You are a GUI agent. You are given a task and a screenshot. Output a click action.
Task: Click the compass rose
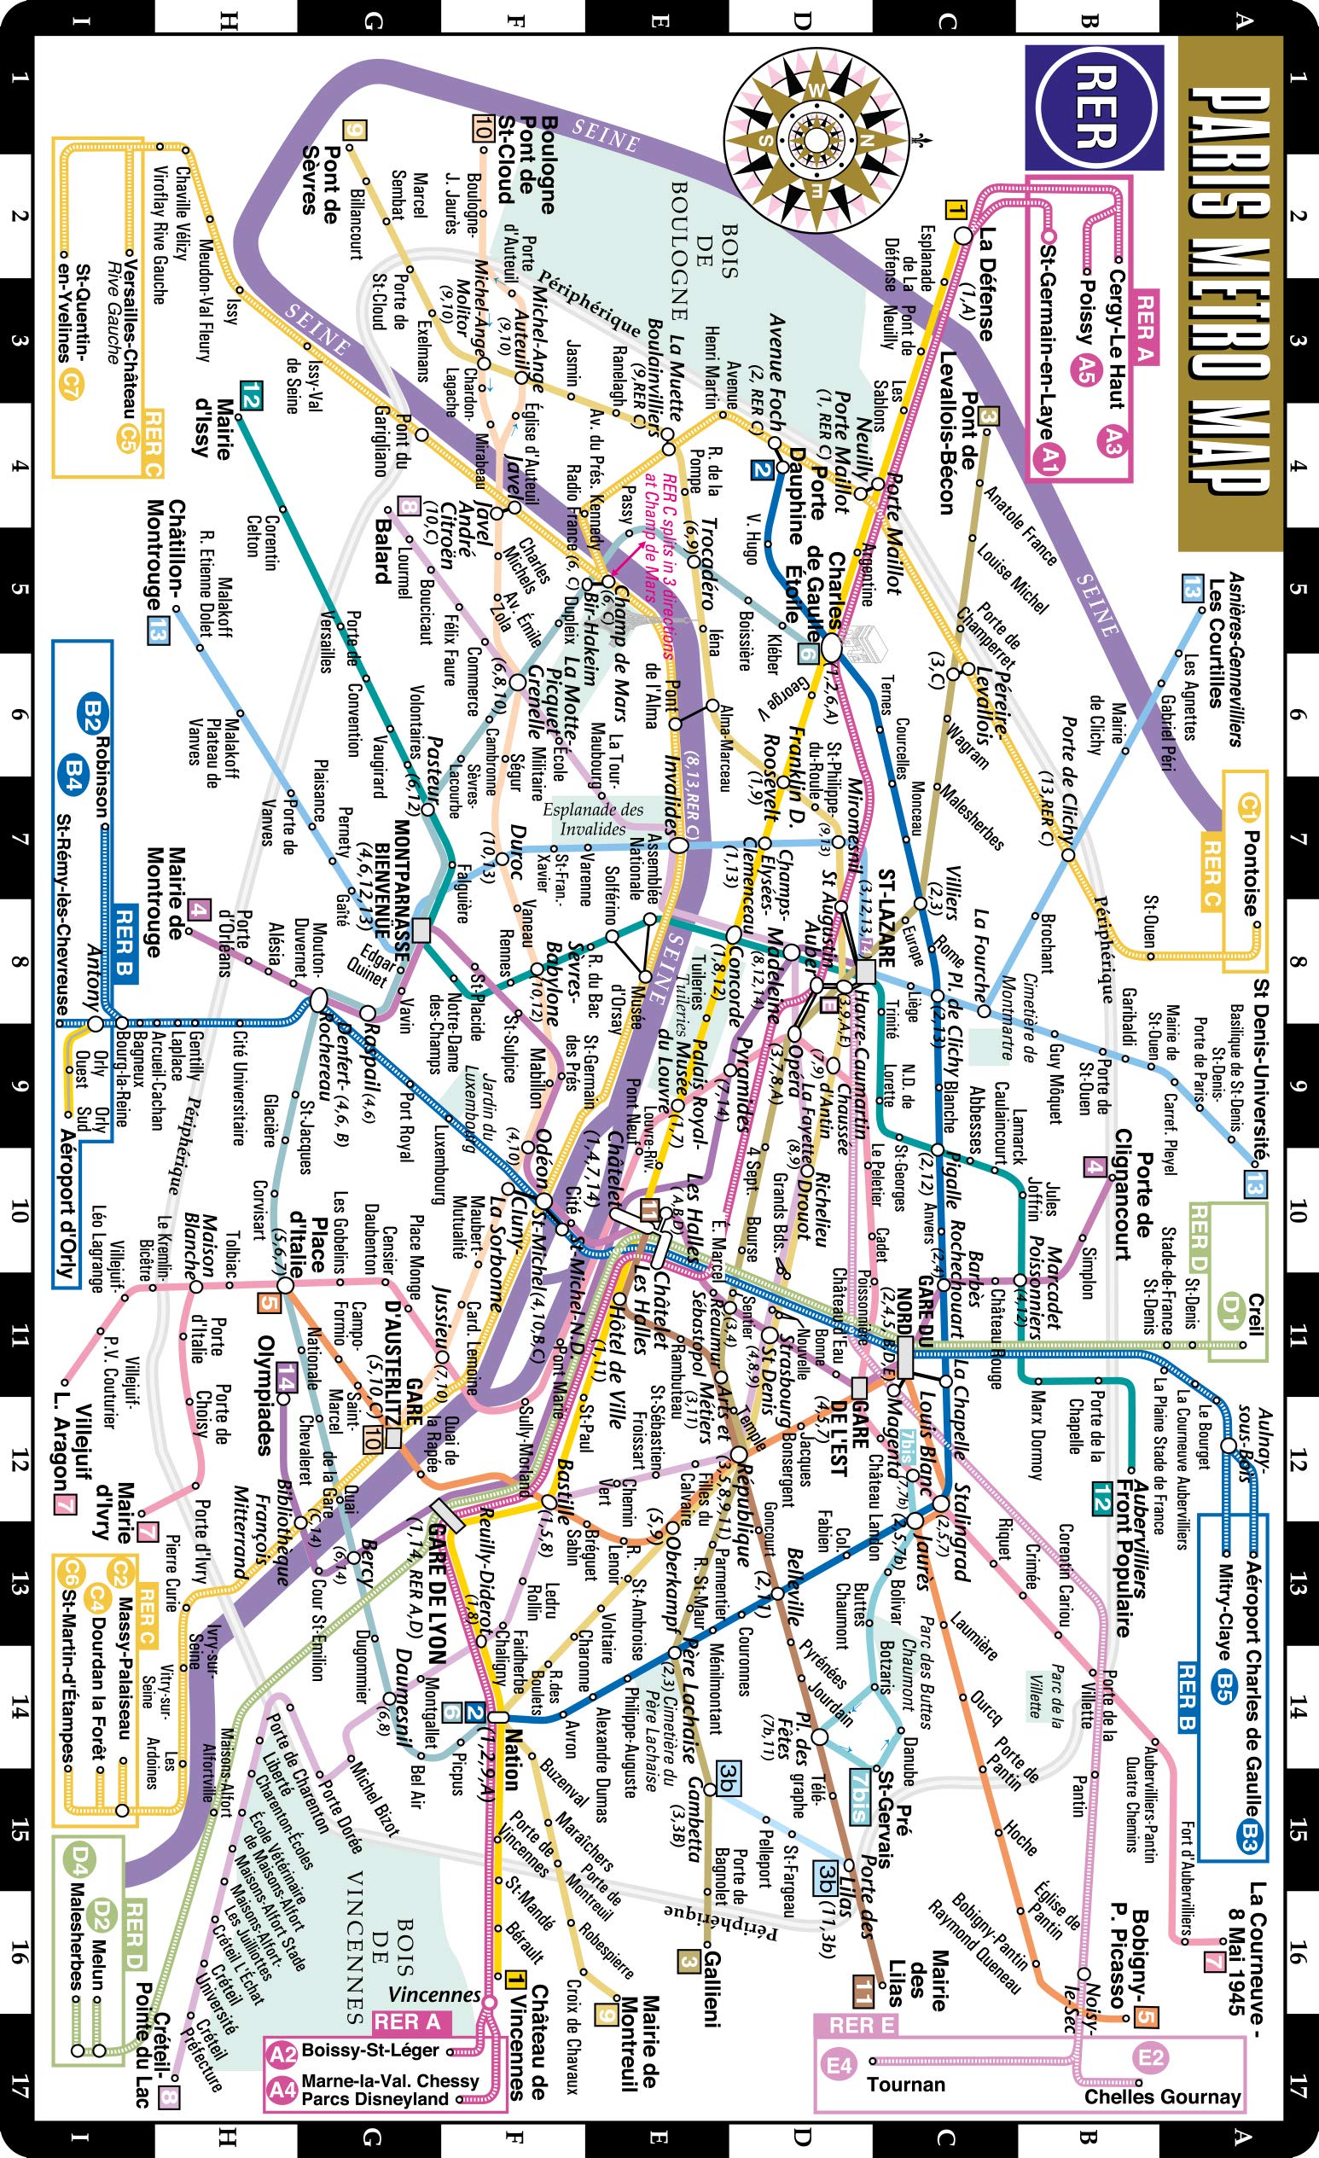coord(816,140)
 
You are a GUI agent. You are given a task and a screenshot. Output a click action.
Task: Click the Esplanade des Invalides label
coord(593,818)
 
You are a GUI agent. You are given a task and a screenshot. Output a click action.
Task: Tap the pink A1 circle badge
coord(1046,457)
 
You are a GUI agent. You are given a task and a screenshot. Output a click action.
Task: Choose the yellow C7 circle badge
coord(66,383)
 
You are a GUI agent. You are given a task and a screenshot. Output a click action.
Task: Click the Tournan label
coord(905,2084)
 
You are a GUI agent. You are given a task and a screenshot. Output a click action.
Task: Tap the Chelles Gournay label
coord(1162,2096)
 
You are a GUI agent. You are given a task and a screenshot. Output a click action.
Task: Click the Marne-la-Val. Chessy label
coord(390,2080)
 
